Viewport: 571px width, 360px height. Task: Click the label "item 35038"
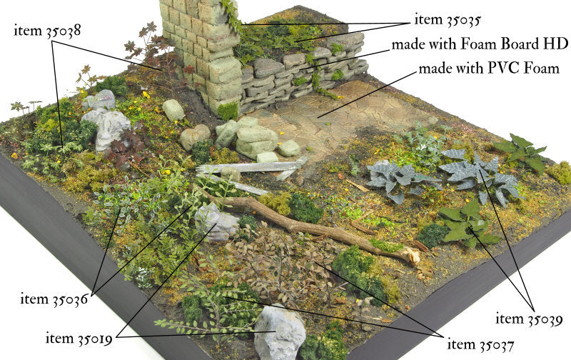point(47,31)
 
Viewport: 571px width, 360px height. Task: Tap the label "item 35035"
point(448,20)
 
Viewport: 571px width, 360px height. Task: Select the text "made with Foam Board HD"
point(480,44)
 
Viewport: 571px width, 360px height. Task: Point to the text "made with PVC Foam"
point(489,68)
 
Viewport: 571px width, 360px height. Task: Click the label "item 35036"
point(54,299)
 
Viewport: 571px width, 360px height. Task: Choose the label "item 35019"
point(79,339)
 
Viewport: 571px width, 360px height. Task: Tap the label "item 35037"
point(480,345)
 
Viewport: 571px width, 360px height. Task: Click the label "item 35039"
point(529,319)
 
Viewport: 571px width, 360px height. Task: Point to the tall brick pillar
point(202,51)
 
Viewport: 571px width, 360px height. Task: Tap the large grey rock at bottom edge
point(280,332)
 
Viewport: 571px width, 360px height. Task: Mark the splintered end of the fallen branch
point(413,256)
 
